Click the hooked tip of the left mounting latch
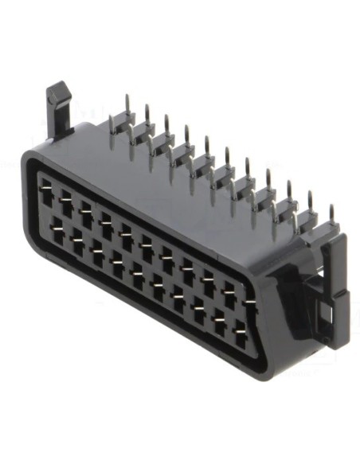[x=57, y=94]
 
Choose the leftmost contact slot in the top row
[x=48, y=191]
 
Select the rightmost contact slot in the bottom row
[x=240, y=326]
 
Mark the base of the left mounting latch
[x=60, y=131]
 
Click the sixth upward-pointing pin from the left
[x=227, y=156]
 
